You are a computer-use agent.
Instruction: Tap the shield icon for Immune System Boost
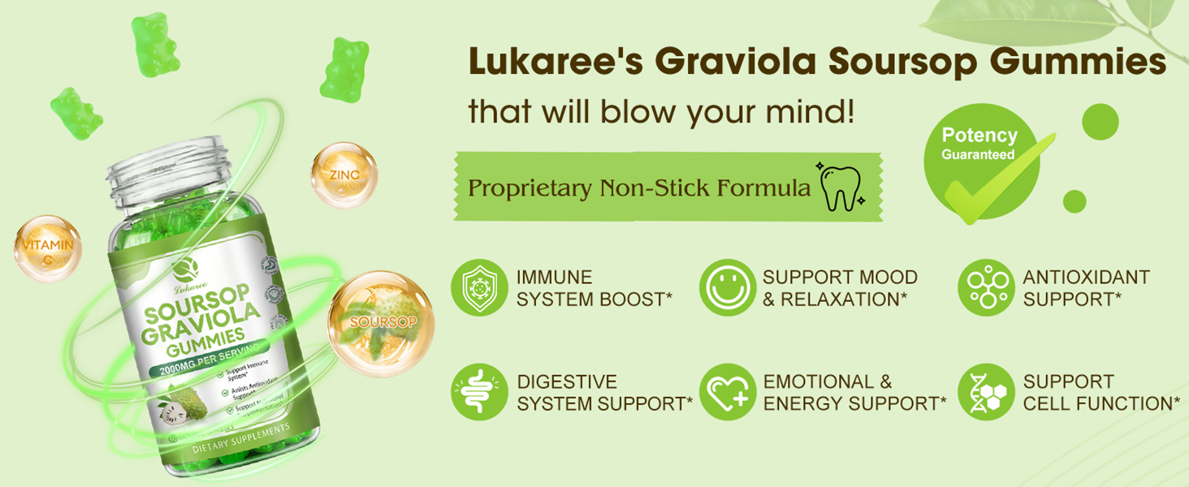[x=479, y=287]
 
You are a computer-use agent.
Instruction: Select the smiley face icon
[x=728, y=287]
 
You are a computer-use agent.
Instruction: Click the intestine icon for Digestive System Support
[x=479, y=392]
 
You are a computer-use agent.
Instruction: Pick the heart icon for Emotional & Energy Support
[x=728, y=392]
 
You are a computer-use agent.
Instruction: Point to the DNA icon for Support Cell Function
[x=986, y=392]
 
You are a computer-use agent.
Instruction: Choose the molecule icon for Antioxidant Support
[x=986, y=287]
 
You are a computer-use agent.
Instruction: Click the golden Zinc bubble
[x=344, y=175]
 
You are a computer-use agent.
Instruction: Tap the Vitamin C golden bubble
[x=48, y=248]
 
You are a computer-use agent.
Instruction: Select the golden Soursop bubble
[x=382, y=323]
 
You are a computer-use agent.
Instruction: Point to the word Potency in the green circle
[x=979, y=136]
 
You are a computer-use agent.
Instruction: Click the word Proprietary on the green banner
[x=530, y=188]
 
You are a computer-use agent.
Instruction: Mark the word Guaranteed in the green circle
[x=978, y=154]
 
